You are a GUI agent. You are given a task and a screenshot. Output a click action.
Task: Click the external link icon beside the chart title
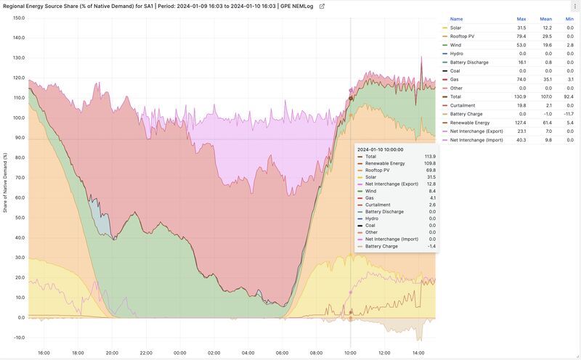coord(322,6)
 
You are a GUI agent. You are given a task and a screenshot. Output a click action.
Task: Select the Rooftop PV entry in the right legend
coord(462,36)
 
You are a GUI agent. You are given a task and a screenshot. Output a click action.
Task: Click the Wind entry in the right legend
coord(455,45)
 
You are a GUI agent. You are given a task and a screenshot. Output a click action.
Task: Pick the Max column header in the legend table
coord(521,19)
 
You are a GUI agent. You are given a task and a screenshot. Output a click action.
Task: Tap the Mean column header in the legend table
coord(545,19)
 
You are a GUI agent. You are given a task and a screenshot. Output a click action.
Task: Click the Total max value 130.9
coord(521,97)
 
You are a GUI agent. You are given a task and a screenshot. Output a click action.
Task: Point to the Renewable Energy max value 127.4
coord(521,123)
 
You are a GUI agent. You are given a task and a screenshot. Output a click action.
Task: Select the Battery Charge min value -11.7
coord(568,114)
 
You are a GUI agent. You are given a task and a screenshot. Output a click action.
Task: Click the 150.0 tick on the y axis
coord(18,17)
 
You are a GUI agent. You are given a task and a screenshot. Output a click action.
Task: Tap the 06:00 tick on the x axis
coord(283,353)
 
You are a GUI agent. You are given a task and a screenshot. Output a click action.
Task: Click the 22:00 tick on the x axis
coord(146,353)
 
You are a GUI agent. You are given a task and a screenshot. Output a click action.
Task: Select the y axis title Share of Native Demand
coord(5,182)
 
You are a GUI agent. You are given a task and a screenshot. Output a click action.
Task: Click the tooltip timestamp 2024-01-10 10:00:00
coord(381,149)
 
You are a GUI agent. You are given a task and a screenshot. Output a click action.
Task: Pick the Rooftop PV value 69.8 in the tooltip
coord(430,171)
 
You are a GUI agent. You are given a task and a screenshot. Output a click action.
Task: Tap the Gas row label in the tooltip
coord(370,197)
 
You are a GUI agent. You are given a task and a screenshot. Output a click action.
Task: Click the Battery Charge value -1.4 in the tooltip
coord(431,246)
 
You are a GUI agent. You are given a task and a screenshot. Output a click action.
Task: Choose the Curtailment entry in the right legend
coord(462,105)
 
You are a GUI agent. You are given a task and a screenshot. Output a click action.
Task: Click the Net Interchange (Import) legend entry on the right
coord(476,140)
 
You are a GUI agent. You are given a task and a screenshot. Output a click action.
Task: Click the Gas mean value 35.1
coord(545,80)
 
